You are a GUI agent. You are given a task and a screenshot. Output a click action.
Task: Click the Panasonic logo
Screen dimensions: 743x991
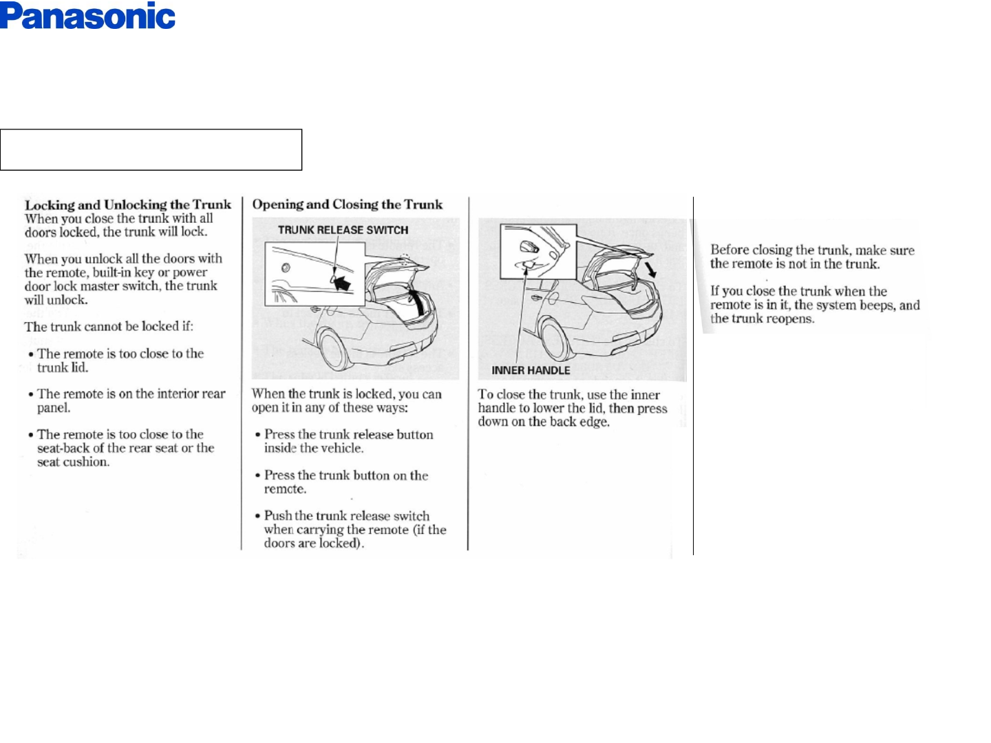coord(87,17)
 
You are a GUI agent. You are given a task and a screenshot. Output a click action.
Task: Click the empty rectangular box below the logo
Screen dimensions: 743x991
coord(151,149)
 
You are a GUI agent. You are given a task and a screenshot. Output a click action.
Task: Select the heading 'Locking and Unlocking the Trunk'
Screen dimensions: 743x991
coord(128,204)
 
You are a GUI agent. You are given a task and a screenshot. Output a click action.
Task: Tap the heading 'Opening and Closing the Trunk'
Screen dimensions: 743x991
coord(348,204)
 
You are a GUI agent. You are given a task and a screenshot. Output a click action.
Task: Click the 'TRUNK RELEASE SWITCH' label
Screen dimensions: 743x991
coord(343,230)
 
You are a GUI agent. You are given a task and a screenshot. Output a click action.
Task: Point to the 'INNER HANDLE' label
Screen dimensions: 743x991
coord(531,370)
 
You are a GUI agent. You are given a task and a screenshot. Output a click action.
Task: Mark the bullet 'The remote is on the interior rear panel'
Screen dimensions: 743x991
coord(131,400)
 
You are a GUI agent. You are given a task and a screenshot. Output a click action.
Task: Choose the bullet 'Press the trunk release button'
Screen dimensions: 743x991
coord(348,441)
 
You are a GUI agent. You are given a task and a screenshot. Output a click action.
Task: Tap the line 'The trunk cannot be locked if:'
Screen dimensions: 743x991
coord(109,327)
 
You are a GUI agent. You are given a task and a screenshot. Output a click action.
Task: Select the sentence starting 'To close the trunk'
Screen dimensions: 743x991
coord(572,408)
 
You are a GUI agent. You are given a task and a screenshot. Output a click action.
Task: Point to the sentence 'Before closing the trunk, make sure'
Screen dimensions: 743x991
coord(812,250)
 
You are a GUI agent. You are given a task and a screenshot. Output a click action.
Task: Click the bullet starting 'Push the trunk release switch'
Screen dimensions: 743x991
coord(354,529)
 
